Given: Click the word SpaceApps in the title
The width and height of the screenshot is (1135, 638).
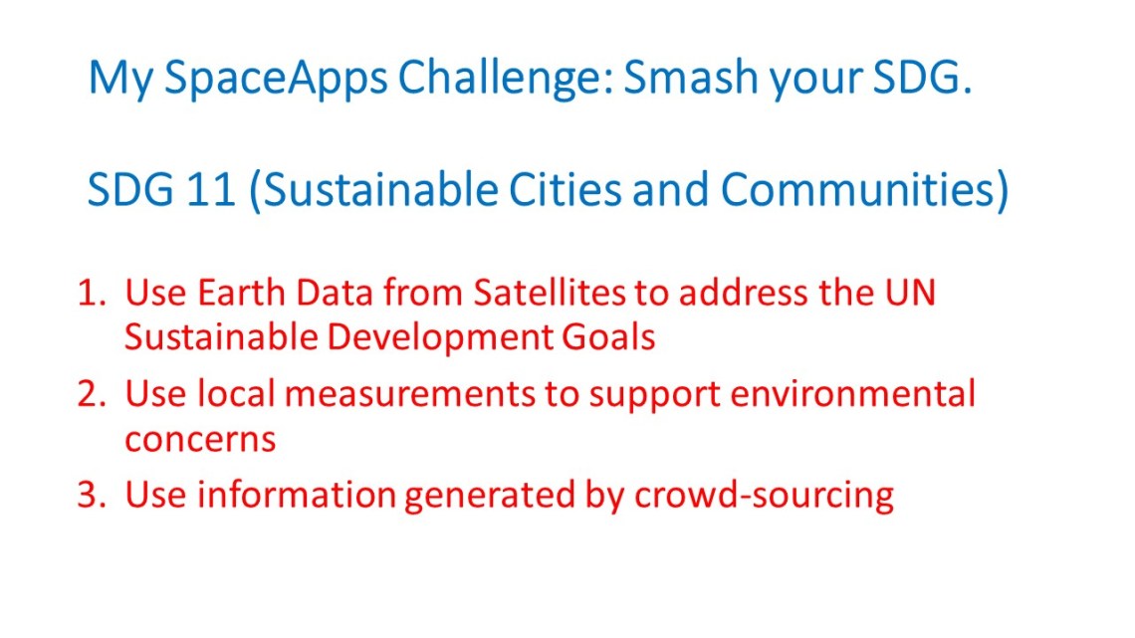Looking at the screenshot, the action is pyautogui.click(x=276, y=79).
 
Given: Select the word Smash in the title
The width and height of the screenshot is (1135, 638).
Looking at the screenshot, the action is pyautogui.click(x=691, y=76).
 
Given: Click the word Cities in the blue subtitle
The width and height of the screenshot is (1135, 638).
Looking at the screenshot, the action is pyautogui.click(x=565, y=189).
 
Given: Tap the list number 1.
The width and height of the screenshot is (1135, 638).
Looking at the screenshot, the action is pyautogui.click(x=92, y=293).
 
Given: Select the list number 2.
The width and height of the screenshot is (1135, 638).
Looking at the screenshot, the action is pyautogui.click(x=92, y=393).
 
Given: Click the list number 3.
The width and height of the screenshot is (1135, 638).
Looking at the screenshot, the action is pyautogui.click(x=92, y=495).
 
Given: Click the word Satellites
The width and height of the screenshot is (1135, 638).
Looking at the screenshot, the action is pyautogui.click(x=550, y=293).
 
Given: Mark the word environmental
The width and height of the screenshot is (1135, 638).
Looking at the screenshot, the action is pyautogui.click(x=852, y=393).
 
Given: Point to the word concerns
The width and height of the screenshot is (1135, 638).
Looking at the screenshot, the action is pyautogui.click(x=200, y=439).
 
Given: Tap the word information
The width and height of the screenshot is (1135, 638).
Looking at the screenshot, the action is pyautogui.click(x=297, y=495).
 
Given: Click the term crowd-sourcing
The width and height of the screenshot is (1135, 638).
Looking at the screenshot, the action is pyautogui.click(x=765, y=497).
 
